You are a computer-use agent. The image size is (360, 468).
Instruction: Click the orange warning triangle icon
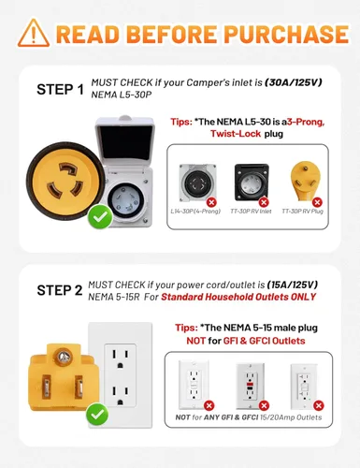tap(34, 33)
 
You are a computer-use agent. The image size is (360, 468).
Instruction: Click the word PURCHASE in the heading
tap(286, 34)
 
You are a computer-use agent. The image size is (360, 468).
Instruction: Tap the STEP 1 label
tap(61, 90)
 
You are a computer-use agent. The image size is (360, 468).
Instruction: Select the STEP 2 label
tap(60, 290)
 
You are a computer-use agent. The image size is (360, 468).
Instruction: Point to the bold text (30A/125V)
tap(293, 82)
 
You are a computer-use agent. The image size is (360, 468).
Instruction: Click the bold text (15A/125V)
tap(293, 285)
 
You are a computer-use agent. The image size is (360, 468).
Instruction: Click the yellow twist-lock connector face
tap(66, 181)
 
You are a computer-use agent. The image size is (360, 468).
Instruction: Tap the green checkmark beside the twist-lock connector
tap(100, 216)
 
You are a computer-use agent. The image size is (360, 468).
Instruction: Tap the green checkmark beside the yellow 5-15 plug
tap(97, 415)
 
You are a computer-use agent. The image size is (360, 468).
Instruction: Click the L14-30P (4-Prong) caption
tap(195, 212)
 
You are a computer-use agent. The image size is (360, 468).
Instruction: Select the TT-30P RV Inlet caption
tap(251, 212)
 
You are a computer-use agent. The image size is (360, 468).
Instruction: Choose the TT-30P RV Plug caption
tap(302, 212)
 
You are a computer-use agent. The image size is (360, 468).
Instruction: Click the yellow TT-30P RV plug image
tap(305, 181)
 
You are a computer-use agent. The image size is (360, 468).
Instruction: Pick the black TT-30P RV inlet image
tap(252, 183)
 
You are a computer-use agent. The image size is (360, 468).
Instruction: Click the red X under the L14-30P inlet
tap(211, 202)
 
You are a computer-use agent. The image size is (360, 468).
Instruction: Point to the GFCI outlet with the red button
tap(250, 386)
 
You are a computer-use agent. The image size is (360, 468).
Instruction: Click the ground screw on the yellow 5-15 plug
tap(64, 357)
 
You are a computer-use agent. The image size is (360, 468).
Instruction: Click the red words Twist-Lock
tap(236, 134)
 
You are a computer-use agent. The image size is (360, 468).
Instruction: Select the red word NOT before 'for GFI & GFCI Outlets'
tap(196, 341)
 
